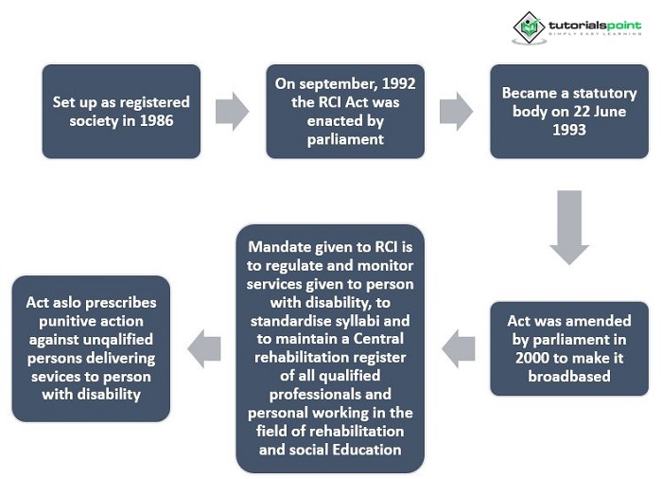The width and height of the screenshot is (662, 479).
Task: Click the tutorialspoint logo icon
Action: (x=529, y=27)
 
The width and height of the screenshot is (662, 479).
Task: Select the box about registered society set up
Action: (x=121, y=111)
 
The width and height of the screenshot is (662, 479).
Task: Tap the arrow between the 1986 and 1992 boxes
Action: (x=232, y=112)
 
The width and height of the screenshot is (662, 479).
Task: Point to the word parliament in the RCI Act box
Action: (x=345, y=139)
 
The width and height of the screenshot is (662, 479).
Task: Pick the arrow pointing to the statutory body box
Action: (x=457, y=112)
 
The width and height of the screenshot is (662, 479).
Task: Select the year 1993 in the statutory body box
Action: (x=568, y=130)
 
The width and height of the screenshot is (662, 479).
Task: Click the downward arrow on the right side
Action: (x=568, y=228)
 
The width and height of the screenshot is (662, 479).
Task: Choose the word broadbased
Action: (x=568, y=376)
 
